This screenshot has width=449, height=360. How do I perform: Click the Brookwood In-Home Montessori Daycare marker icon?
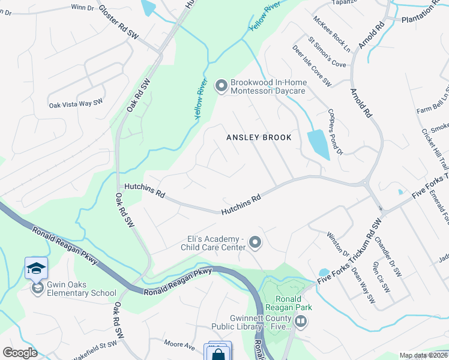point(221,86)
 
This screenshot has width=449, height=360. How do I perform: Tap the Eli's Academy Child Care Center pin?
point(255,243)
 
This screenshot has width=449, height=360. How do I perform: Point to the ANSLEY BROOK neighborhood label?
point(259,137)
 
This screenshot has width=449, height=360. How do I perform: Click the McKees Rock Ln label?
point(331,34)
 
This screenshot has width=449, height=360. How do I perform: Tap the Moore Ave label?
point(180,346)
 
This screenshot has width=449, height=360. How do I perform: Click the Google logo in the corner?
point(20,353)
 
